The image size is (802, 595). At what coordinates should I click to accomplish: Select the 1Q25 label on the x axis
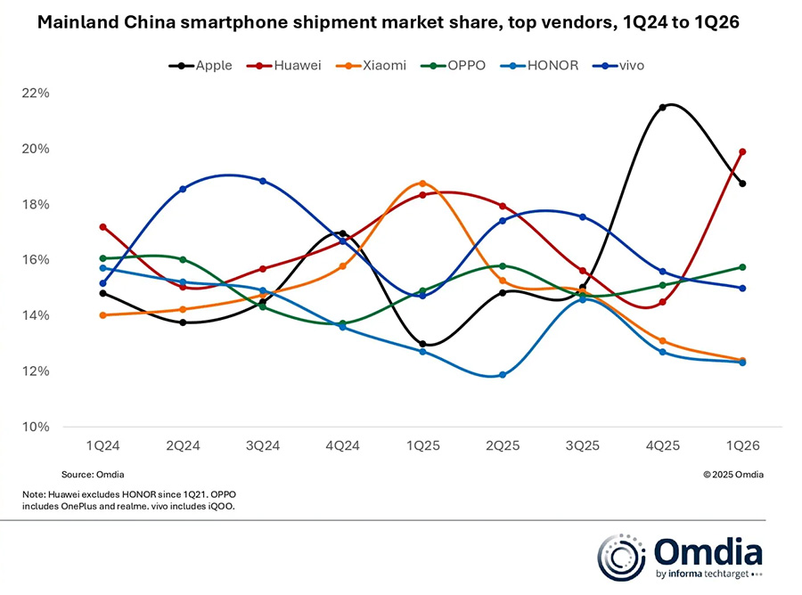(x=422, y=444)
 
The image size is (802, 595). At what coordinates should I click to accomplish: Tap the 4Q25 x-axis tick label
(x=662, y=444)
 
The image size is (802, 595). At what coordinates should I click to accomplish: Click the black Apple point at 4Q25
(x=662, y=108)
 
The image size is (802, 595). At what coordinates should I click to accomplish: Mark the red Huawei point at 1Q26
(x=742, y=151)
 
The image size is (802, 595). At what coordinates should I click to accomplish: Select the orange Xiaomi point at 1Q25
(x=422, y=183)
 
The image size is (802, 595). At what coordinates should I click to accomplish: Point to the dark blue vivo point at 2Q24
(x=183, y=189)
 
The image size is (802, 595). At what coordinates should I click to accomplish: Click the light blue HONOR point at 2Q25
(x=503, y=375)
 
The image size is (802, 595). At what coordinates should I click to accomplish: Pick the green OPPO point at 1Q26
(x=742, y=267)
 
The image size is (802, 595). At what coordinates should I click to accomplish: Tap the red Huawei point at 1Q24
(x=103, y=227)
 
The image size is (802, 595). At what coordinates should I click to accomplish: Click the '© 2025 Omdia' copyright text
(x=732, y=475)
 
